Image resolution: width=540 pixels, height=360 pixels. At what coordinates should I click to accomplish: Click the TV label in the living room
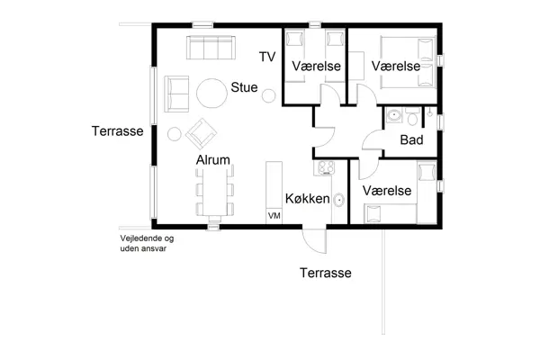266,58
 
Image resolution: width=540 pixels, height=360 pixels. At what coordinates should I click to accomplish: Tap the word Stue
244,88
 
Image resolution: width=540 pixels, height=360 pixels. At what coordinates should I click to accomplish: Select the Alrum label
214,160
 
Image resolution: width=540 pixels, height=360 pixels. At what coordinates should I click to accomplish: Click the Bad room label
411,140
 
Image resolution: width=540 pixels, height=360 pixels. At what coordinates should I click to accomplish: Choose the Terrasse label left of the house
118,131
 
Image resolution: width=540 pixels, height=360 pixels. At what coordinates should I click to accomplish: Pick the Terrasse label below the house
325,273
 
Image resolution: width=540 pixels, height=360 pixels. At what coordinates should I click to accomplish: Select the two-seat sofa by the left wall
175,93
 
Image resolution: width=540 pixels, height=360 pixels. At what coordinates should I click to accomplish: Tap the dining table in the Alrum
214,193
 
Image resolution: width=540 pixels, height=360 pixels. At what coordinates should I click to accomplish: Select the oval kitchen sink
338,201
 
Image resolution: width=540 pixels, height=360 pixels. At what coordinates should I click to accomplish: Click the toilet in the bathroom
411,117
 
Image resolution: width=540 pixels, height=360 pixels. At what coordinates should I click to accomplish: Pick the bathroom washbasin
394,116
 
